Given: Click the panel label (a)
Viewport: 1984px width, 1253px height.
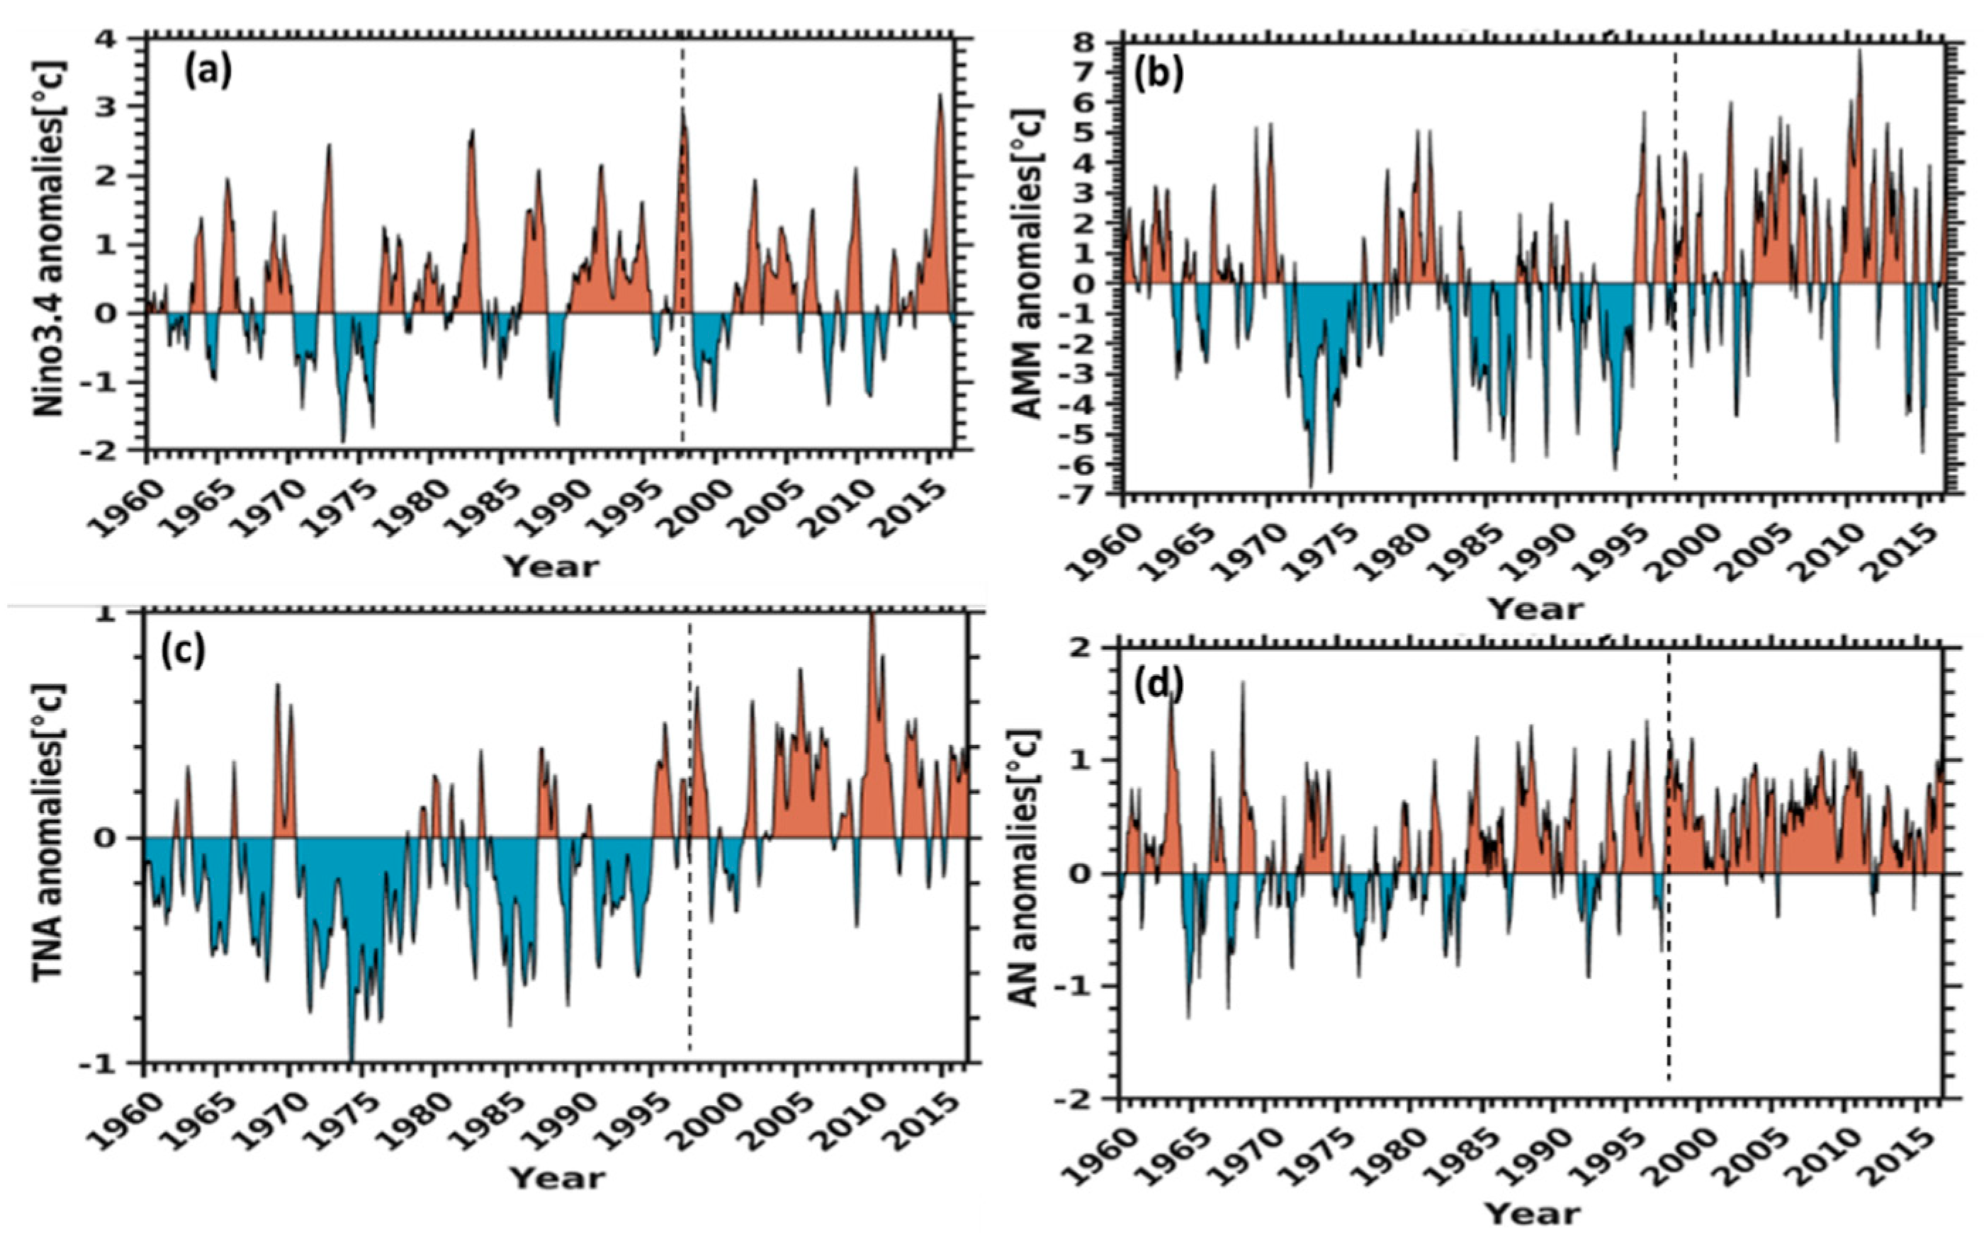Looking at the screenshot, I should tap(208, 72).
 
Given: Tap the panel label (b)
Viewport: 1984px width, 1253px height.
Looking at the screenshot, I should tap(1159, 75).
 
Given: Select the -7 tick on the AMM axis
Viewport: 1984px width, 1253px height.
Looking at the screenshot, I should tap(1093, 495).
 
